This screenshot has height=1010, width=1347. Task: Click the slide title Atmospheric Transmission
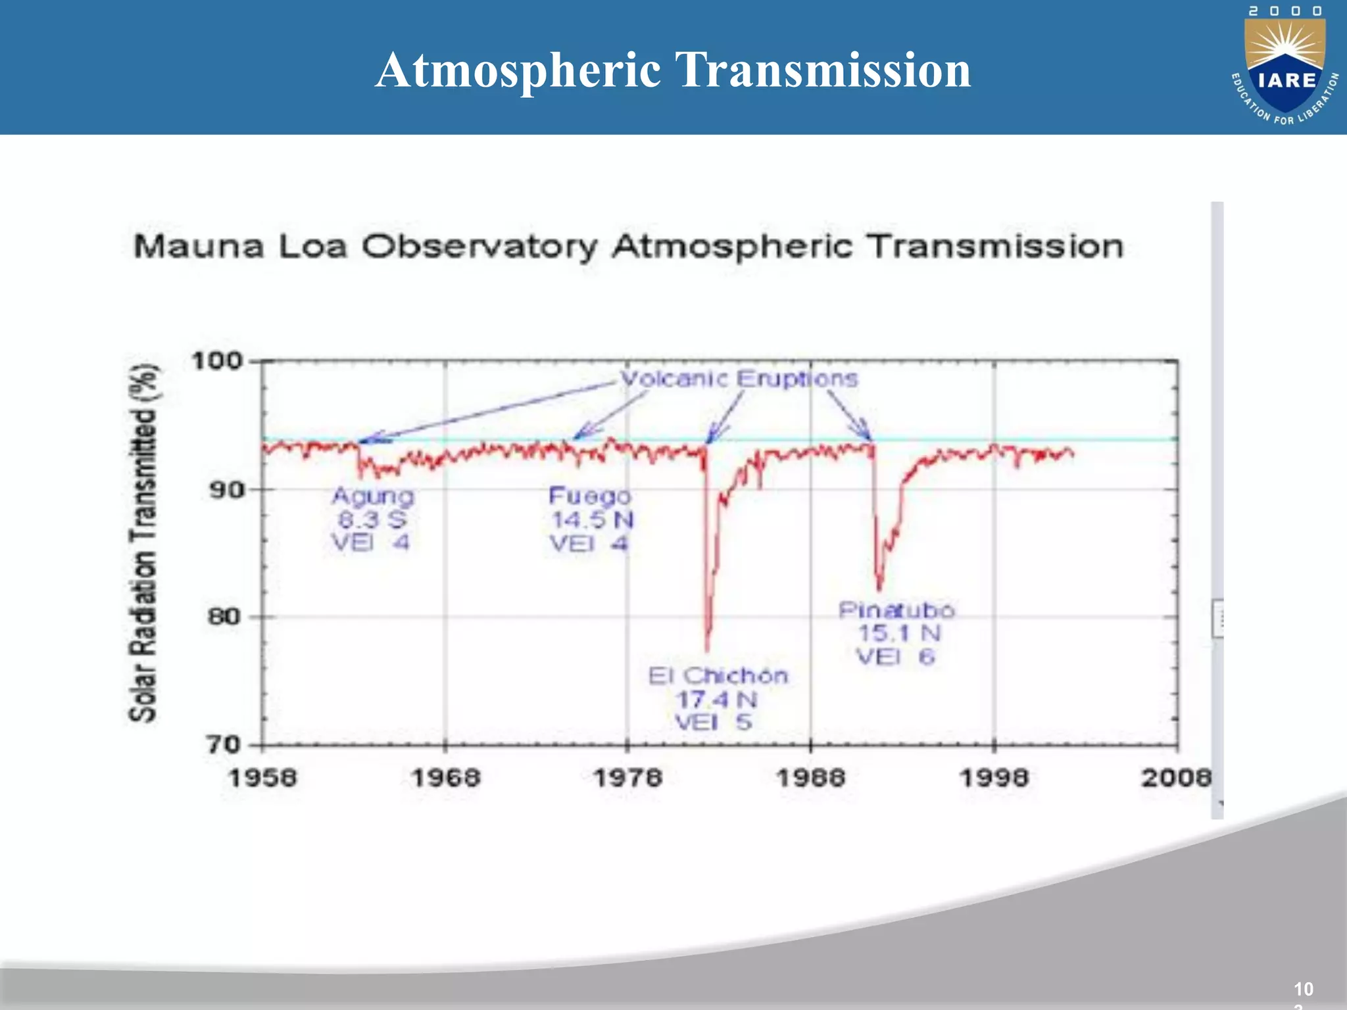click(673, 70)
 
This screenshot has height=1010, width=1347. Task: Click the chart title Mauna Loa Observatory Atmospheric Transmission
click(628, 247)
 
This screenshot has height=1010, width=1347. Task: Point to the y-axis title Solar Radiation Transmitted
click(143, 543)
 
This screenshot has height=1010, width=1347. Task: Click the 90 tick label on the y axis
click(226, 490)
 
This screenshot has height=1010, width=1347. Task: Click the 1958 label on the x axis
click(262, 779)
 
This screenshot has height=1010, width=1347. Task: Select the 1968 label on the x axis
click(446, 779)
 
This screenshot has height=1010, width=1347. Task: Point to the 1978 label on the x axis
click(628, 779)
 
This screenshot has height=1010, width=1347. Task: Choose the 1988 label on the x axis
click(811, 779)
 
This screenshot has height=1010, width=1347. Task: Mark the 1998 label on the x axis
click(994, 779)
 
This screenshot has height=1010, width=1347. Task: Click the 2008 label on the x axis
click(1176, 779)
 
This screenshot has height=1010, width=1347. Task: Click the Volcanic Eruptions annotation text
click(739, 379)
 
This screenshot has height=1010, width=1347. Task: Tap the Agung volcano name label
click(373, 496)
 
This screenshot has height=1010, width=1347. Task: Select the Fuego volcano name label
click(590, 496)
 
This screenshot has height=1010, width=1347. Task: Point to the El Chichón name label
click(718, 676)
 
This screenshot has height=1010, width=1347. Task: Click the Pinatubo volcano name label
click(896, 610)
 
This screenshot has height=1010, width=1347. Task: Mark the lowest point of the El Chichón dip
click(708, 650)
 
